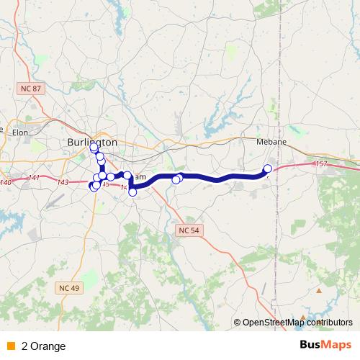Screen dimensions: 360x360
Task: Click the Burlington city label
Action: pyautogui.click(x=91, y=142)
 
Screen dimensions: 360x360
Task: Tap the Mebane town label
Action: pyautogui.click(x=272, y=142)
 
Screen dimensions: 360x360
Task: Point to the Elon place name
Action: pyautogui.click(x=19, y=132)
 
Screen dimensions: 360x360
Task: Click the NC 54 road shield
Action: pyautogui.click(x=186, y=229)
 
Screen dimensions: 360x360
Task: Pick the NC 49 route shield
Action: pyautogui.click(x=65, y=287)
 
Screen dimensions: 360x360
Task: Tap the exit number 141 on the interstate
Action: pyautogui.click(x=35, y=178)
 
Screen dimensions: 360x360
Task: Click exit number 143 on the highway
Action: pyautogui.click(x=63, y=182)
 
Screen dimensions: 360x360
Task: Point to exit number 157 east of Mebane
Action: pyautogui.click(x=321, y=165)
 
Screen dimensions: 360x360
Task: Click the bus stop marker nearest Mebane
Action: pyautogui.click(x=268, y=169)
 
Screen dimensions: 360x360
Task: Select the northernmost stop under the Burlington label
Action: pyautogui.click(x=94, y=148)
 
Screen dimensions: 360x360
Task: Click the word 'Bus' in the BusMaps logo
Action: pyautogui.click(x=310, y=345)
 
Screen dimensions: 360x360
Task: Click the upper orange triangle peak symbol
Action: pyautogui.click(x=319, y=291)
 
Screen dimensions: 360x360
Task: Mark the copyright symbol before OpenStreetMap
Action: pyautogui.click(x=238, y=323)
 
